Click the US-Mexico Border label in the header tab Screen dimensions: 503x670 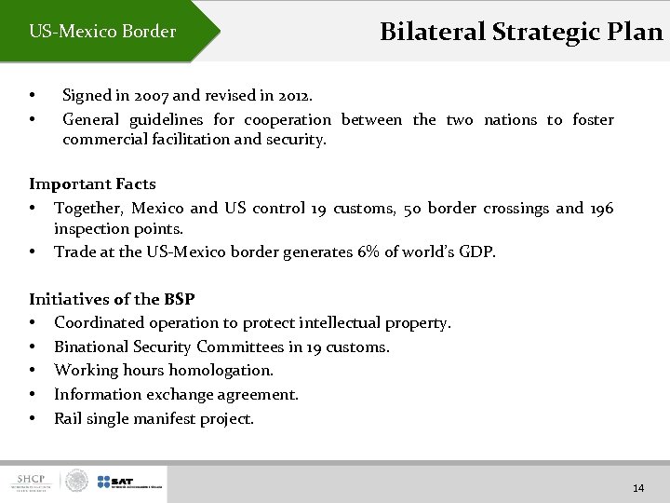[102, 32]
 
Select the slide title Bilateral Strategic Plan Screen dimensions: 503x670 [521, 32]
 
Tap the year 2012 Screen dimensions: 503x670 [291, 95]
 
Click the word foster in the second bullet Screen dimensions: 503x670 [593, 119]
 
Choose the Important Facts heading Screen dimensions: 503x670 [92, 184]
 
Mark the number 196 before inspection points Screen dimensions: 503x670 [601, 208]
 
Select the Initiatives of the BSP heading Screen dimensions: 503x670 [112, 299]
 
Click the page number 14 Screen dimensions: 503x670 [638, 488]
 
